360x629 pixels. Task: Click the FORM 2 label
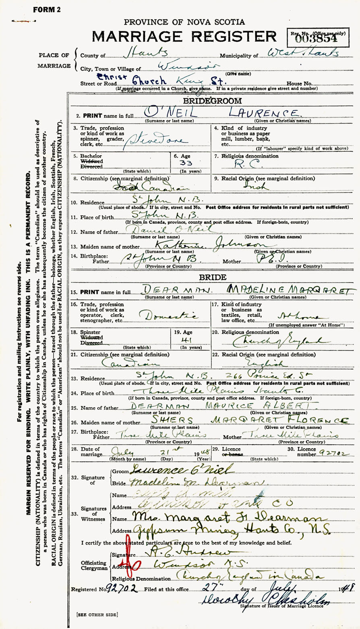(47, 10)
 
